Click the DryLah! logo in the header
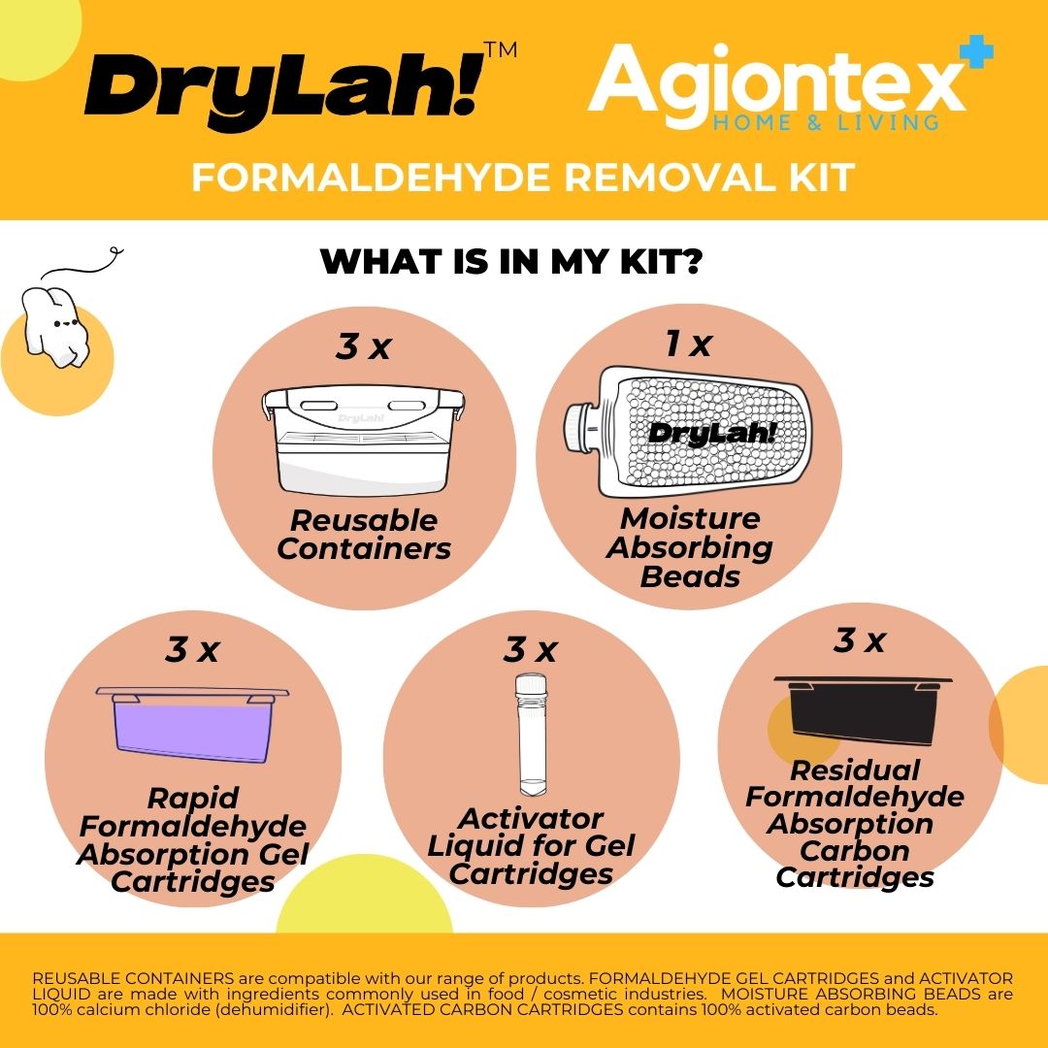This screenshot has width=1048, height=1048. [284, 89]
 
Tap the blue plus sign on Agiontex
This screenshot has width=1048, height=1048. [976, 51]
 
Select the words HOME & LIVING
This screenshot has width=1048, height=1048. [826, 122]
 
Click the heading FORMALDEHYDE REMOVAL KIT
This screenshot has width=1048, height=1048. [523, 178]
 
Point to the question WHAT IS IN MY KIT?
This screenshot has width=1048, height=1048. [511, 261]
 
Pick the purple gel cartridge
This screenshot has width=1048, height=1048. [192, 725]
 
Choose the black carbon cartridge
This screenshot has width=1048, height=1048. [863, 709]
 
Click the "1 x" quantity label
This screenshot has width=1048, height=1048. [688, 344]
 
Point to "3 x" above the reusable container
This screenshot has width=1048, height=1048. [364, 346]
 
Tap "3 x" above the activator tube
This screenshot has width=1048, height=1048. [531, 649]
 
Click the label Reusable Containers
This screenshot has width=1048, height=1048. [364, 534]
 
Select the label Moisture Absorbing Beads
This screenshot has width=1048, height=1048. [690, 547]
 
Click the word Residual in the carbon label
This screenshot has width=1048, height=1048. [855, 770]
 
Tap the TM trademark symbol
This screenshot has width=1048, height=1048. [501, 50]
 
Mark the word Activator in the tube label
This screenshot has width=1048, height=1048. [531, 819]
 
